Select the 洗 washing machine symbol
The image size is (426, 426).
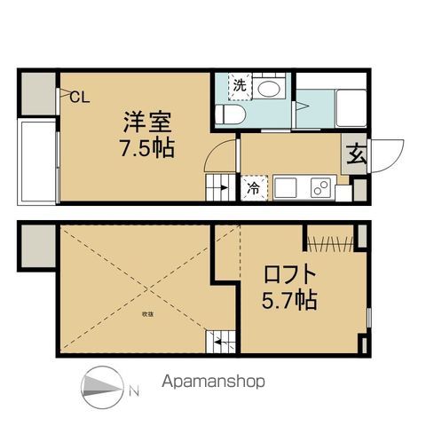(240, 86)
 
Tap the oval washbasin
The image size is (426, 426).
(268, 89)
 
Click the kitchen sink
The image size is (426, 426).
(287, 188)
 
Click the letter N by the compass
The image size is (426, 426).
(131, 389)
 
